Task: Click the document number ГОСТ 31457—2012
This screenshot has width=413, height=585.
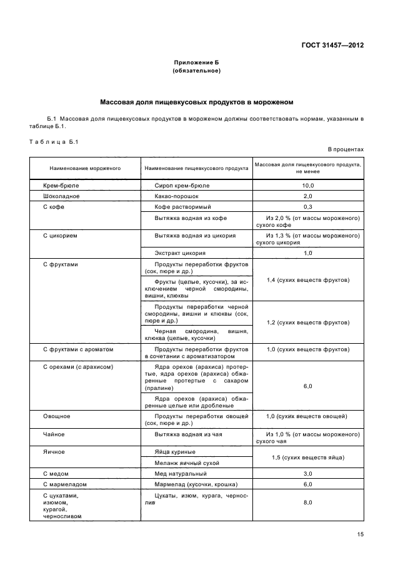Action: [332, 45]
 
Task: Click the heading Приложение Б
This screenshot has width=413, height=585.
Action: [196, 62]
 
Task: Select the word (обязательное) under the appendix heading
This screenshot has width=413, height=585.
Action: [196, 71]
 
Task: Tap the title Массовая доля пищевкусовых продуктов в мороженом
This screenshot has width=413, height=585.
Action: [196, 101]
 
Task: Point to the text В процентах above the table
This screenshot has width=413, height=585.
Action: [346, 149]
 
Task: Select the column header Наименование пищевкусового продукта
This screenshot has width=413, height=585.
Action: [196, 168]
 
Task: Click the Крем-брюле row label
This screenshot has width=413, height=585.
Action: [60, 186]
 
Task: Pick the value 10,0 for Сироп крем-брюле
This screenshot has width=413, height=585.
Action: [308, 186]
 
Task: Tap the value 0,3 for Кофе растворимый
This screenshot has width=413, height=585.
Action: [308, 206]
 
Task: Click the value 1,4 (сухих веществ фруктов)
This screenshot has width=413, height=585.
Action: [308, 280]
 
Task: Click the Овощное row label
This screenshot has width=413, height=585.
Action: [56, 416]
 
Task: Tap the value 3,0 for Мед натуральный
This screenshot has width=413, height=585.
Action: [308, 474]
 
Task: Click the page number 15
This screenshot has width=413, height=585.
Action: [360, 534]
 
